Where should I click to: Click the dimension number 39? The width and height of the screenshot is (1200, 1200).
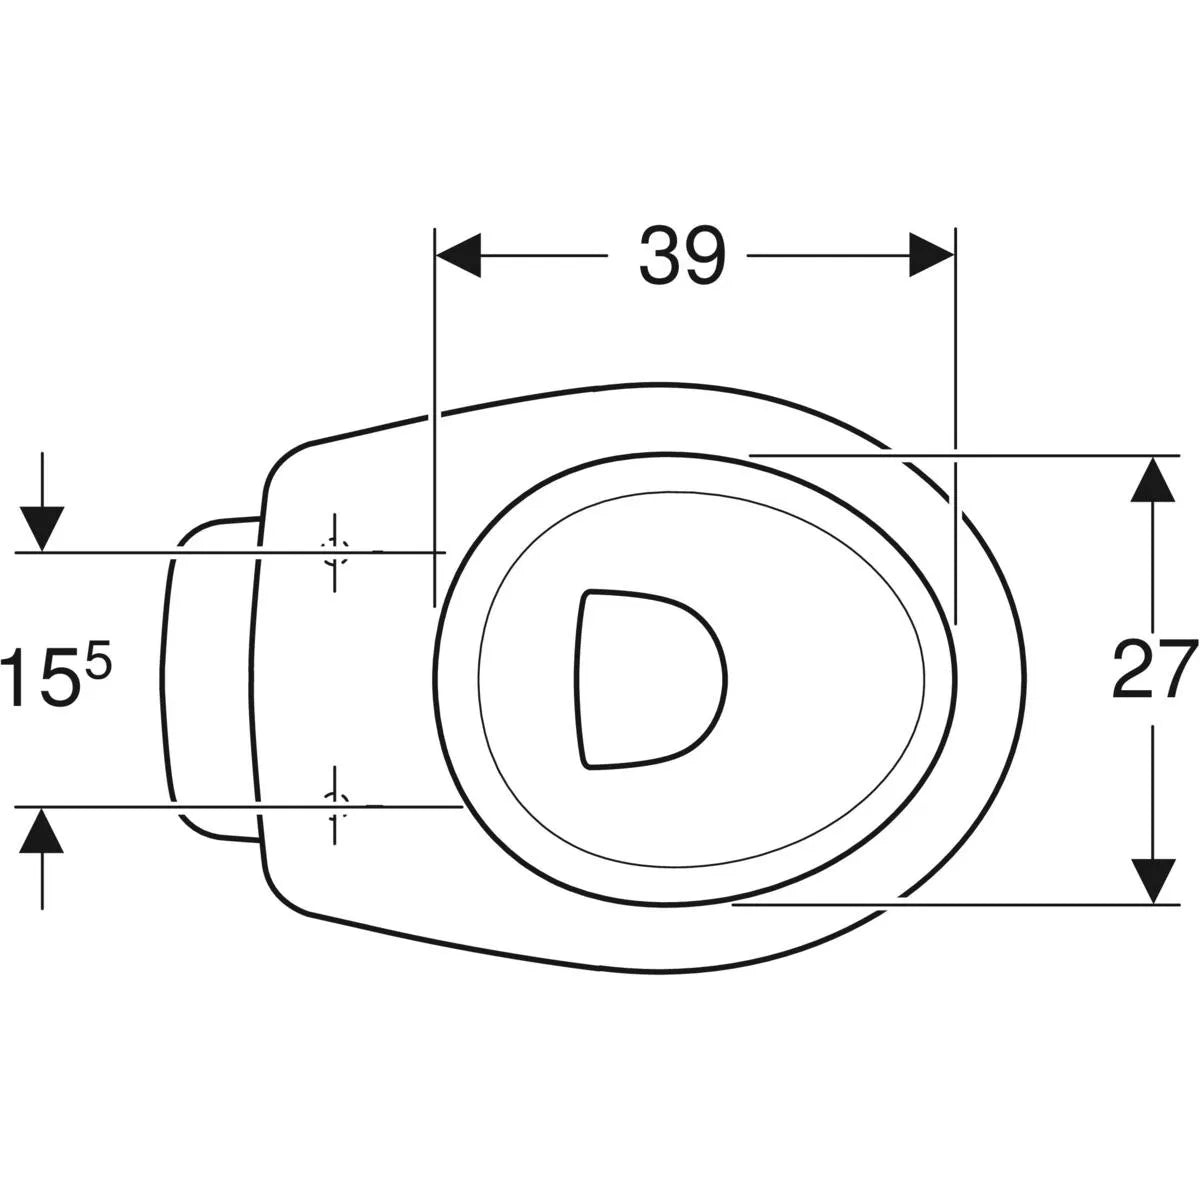click(682, 256)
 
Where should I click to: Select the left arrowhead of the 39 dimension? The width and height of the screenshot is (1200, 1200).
click(459, 255)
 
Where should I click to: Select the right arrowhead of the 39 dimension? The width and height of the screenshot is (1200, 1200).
click(932, 255)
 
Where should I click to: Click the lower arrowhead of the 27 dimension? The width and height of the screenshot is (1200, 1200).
click(1153, 881)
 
